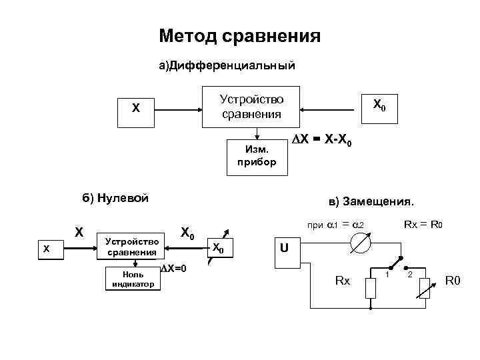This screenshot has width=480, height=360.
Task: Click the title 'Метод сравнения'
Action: click(240, 35)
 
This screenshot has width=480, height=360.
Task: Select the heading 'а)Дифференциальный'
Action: click(226, 66)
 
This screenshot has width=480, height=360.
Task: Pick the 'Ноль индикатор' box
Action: click(132, 279)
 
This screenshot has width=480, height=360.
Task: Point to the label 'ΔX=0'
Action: click(174, 269)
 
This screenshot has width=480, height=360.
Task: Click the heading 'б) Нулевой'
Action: click(115, 197)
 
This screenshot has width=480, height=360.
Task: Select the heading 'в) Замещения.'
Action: click(371, 201)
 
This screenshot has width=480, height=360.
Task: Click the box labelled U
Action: click(284, 248)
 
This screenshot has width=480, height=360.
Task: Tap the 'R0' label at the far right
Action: click(453, 282)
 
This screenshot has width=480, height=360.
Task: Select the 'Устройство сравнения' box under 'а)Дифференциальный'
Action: click(251, 107)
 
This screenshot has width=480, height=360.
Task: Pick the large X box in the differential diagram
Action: click(136, 107)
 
